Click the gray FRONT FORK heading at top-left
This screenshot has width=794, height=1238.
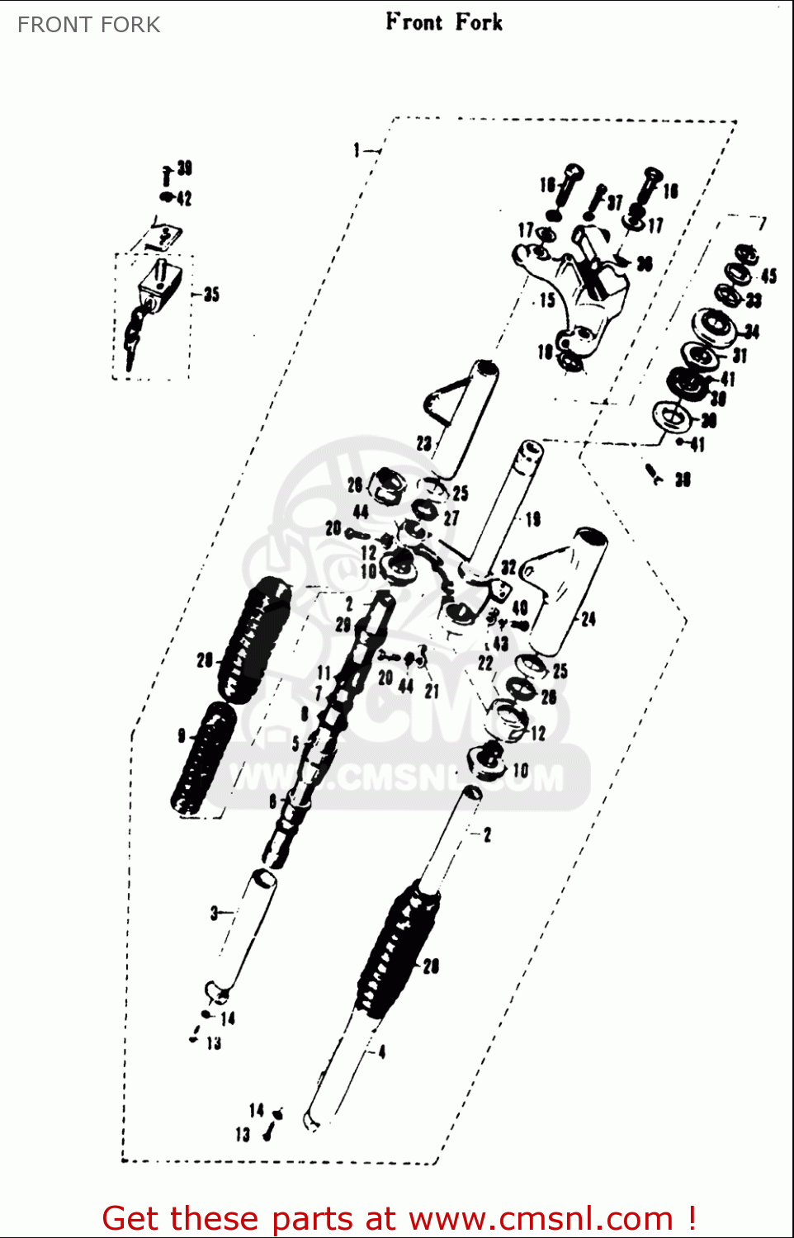(89, 25)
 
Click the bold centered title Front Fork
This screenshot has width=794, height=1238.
(444, 22)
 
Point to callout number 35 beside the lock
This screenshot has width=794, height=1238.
(211, 294)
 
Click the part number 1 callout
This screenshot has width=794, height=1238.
(357, 149)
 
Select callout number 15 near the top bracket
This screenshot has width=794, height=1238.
(547, 300)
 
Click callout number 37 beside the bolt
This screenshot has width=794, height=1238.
(615, 202)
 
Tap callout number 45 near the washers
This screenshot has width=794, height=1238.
(768, 276)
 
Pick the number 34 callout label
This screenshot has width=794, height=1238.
(751, 332)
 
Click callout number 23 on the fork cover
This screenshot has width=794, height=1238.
(423, 443)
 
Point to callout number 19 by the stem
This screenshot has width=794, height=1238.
(533, 518)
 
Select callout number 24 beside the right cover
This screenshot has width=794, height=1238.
(588, 618)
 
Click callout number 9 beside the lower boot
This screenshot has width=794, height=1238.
(182, 735)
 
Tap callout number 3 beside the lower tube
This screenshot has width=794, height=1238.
(214, 912)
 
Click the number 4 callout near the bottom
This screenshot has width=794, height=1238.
(381, 1051)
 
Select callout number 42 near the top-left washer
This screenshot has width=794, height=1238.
(184, 198)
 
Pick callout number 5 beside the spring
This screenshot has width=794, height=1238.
(295, 743)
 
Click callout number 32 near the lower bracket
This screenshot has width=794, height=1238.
(508, 567)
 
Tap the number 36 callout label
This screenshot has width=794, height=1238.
(645, 263)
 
